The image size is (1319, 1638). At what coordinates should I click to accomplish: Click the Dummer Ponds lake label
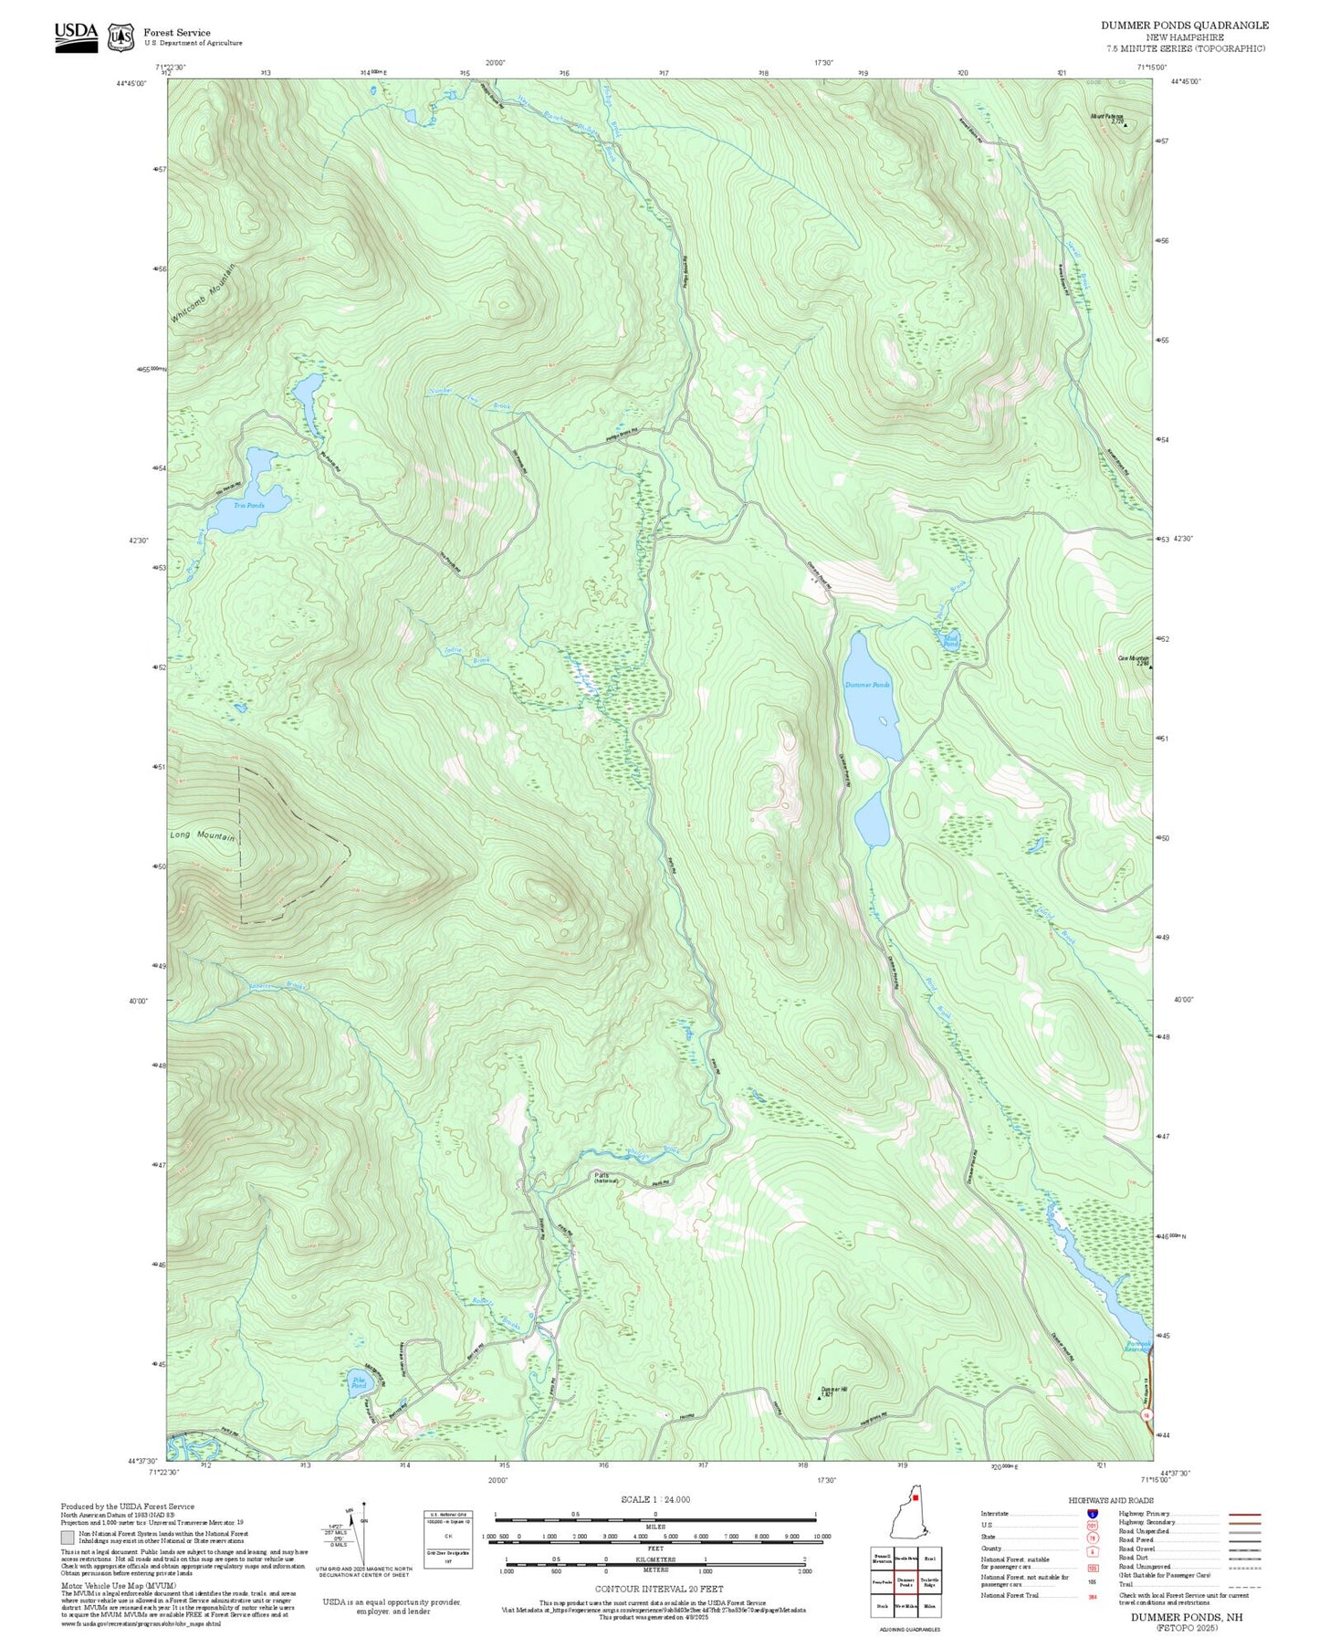tap(866, 685)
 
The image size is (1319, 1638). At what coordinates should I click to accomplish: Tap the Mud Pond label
tap(950, 641)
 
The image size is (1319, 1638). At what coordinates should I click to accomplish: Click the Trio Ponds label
tap(248, 505)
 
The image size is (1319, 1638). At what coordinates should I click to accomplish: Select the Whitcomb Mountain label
tap(203, 293)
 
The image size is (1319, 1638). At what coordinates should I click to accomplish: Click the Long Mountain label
tap(202, 836)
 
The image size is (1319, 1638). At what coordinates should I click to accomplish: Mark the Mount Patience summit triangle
tap(1125, 125)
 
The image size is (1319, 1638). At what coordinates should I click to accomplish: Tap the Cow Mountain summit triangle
tap(1150, 667)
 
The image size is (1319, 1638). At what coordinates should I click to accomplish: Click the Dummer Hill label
tap(833, 1390)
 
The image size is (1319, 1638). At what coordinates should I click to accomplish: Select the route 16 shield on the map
tap(1146, 1414)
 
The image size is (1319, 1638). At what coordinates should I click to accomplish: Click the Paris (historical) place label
tap(605, 1178)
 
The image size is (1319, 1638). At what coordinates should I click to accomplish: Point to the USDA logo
tap(76, 37)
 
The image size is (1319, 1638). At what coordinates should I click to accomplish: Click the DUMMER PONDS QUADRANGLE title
tap(1184, 25)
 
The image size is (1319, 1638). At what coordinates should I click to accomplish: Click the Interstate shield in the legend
tap(1092, 1514)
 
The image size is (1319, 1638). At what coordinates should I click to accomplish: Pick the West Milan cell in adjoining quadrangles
tap(905, 1605)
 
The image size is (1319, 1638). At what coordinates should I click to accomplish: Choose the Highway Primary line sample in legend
tap(1244, 1514)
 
